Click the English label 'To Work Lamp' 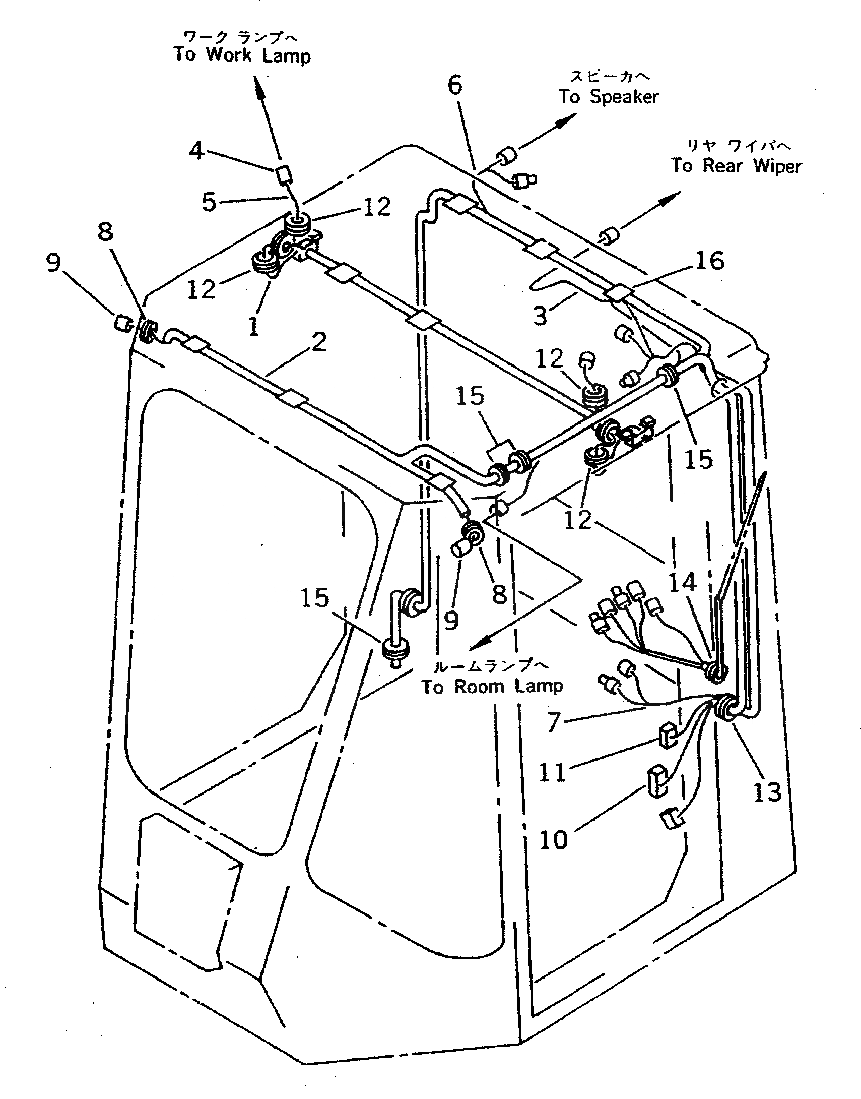tap(242, 54)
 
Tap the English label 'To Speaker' tap(609, 96)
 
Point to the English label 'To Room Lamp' tap(492, 687)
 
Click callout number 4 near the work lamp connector tap(196, 150)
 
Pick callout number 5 tap(209, 202)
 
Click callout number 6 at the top tap(455, 85)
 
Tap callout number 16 tap(710, 261)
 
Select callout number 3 tap(540, 316)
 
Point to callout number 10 tap(554, 840)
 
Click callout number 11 tap(553, 772)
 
